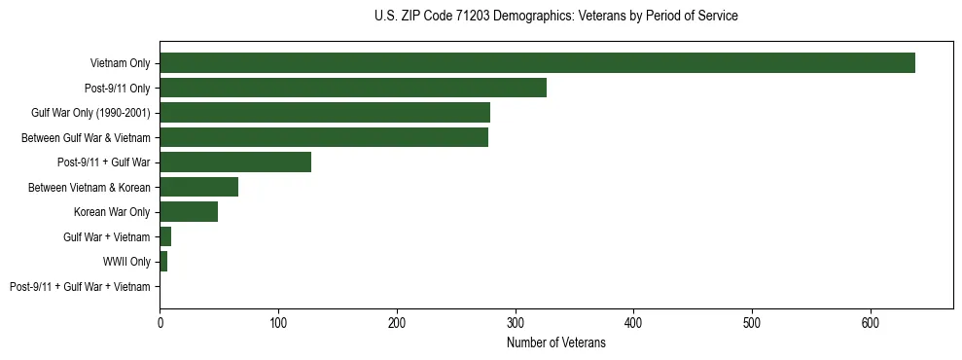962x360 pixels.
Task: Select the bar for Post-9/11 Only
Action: pos(353,88)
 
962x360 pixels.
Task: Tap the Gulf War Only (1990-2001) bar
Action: pos(325,113)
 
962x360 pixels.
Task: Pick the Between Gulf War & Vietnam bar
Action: pos(324,137)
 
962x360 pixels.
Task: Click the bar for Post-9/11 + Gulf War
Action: pos(235,162)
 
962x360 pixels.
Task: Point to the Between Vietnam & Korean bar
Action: pos(198,187)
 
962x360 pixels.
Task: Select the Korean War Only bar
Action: pos(189,212)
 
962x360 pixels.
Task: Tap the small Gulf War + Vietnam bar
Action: pos(165,236)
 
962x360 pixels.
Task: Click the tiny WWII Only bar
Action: pos(163,262)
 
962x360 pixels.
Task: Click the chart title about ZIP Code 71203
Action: pos(555,17)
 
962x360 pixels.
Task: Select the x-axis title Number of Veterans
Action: pos(555,343)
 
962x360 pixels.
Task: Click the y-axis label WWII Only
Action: pos(126,262)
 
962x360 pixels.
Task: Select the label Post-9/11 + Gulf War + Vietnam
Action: pos(80,287)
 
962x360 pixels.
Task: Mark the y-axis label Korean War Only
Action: pos(112,212)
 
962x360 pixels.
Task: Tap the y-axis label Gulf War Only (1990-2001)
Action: pos(90,113)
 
